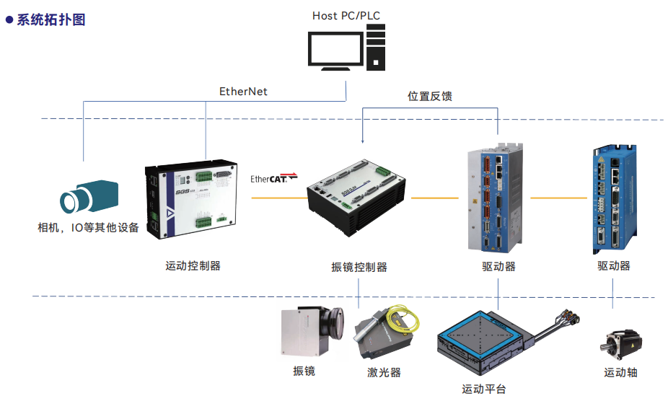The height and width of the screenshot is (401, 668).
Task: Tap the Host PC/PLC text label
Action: click(x=346, y=15)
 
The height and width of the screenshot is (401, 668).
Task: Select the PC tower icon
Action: click(x=374, y=46)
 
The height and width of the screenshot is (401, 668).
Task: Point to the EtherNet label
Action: click(x=243, y=92)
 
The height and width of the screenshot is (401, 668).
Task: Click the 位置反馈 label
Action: click(x=430, y=96)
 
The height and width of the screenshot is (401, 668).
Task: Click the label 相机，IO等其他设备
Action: click(x=88, y=228)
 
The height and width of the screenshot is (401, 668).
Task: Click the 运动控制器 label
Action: click(x=193, y=265)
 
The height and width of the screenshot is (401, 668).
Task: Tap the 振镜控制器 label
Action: click(x=359, y=267)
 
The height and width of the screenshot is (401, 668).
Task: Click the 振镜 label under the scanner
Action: click(x=304, y=371)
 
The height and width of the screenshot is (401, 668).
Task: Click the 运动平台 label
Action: click(x=484, y=389)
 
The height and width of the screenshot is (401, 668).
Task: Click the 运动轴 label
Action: click(x=620, y=372)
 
